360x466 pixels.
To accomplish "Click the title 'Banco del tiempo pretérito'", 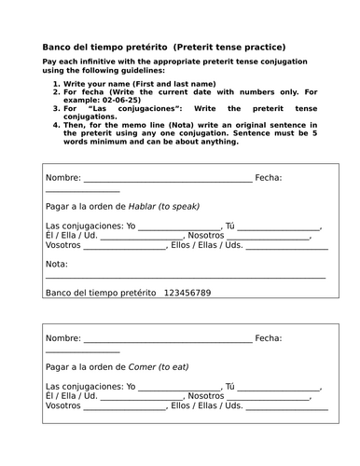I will [101, 47].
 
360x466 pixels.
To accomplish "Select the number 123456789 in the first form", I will [187, 293].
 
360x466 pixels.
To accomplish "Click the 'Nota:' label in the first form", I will [56, 265].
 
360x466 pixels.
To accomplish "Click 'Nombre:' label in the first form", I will [62, 177].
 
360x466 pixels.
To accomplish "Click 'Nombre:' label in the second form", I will [62, 338].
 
